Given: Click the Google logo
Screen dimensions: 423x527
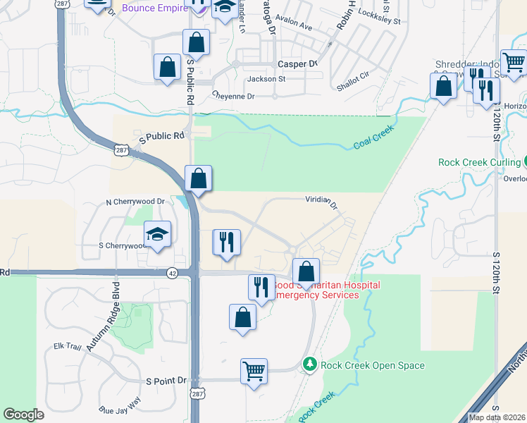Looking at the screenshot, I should (24, 415).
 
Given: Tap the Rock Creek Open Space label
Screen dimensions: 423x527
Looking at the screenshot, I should (372, 365).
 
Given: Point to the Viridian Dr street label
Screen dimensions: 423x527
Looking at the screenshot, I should (321, 202).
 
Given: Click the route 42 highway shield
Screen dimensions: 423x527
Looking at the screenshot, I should (172, 272).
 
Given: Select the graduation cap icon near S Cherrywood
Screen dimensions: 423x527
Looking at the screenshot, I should (158, 234).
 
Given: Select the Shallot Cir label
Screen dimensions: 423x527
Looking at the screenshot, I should (353, 80).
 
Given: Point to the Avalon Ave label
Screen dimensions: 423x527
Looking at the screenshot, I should (294, 25).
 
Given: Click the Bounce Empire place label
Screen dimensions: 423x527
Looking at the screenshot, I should (154, 8).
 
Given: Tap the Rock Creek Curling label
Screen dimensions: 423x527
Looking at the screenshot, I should (478, 162).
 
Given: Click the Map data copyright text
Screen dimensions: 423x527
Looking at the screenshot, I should (497, 417).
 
